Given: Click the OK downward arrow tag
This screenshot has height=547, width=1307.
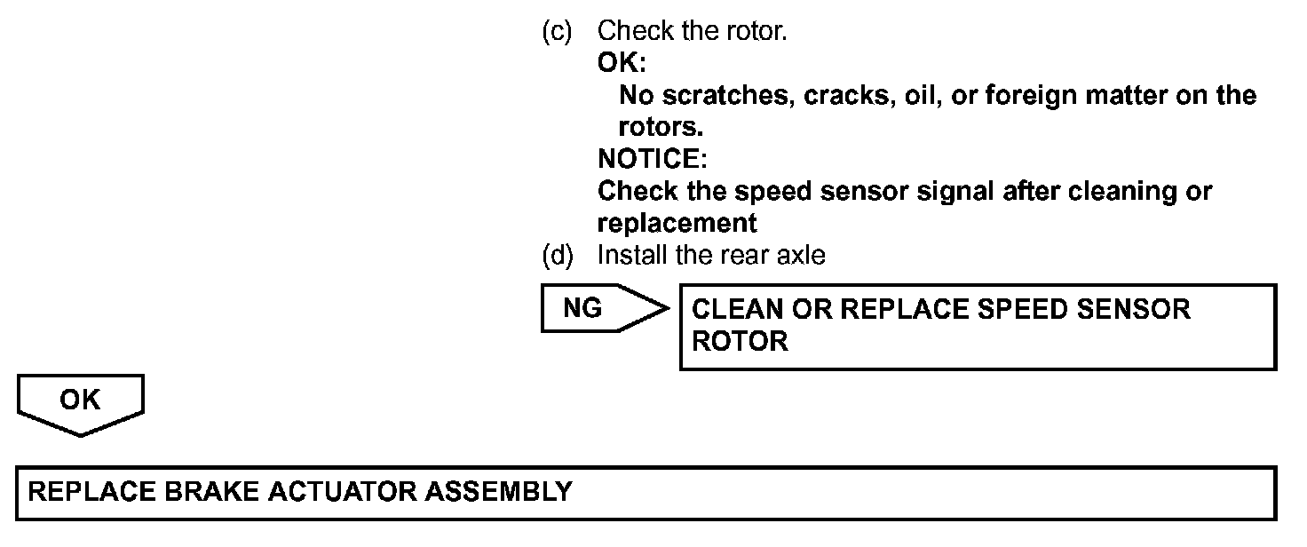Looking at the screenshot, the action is [80, 403].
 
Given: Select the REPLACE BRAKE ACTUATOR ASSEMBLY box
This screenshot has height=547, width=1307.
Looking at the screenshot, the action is [646, 493].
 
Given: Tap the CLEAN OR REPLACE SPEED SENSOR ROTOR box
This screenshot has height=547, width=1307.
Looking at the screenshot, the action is [977, 326].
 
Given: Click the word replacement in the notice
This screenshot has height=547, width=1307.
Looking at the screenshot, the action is [677, 223].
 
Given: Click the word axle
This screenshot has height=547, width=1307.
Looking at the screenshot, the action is [802, 256].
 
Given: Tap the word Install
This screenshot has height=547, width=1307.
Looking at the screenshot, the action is [632, 256].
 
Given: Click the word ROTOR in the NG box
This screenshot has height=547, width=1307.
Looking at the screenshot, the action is [740, 342].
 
